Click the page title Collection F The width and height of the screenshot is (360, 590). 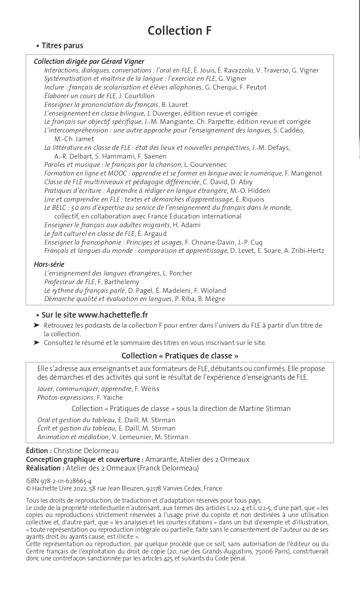(180, 30)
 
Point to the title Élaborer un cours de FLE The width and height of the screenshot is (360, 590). (80, 96)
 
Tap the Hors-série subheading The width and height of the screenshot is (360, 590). (49, 264)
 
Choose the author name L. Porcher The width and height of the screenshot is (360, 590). (178, 273)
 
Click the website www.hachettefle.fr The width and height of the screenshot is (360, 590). (113, 315)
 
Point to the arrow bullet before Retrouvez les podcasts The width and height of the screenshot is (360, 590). (36, 325)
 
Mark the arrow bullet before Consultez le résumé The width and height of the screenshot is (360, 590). (36, 343)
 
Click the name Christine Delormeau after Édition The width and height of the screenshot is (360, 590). (86, 451)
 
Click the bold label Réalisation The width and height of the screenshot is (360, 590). (45, 468)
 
